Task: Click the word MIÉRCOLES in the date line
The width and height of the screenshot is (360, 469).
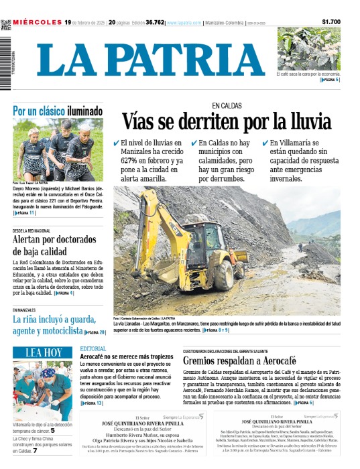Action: (x=38, y=22)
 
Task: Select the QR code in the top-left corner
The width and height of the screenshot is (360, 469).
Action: (x=6, y=24)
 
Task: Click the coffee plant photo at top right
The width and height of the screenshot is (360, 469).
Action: (x=308, y=49)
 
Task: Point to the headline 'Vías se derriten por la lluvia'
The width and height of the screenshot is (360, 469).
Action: (x=226, y=122)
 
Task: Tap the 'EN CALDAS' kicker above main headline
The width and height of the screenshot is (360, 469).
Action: (x=226, y=106)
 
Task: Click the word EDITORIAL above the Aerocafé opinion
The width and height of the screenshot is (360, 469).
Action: (x=93, y=349)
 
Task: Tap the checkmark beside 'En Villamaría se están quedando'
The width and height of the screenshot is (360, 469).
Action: (x=264, y=143)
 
